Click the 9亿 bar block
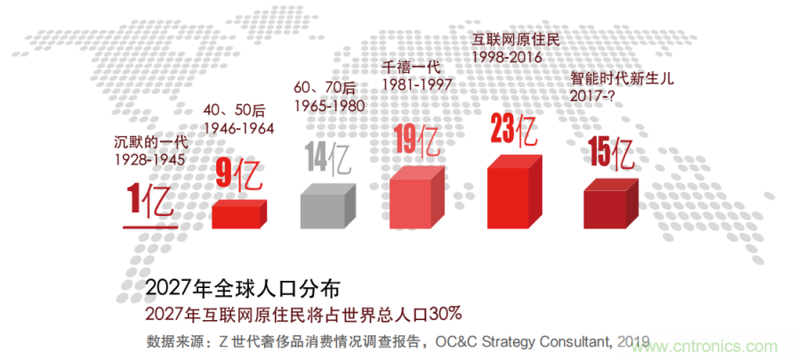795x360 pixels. point(238,214)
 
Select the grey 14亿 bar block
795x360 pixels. point(328,205)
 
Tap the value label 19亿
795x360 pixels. point(416,140)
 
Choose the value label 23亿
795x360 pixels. point(513,130)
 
